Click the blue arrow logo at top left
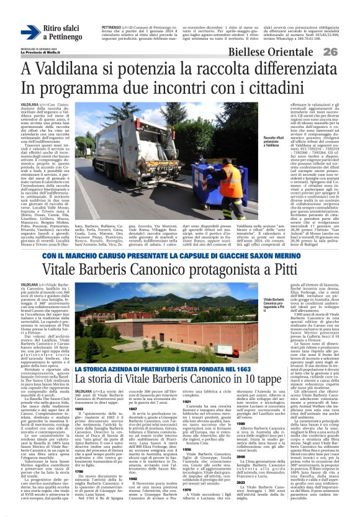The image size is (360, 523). [x=30, y=32]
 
